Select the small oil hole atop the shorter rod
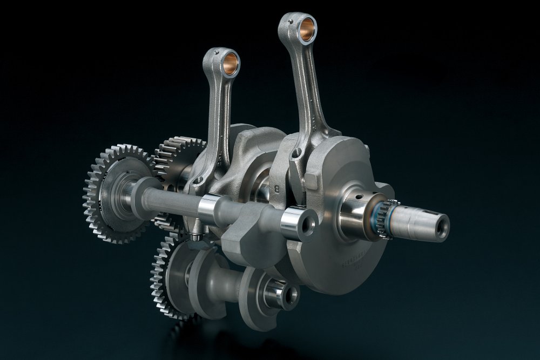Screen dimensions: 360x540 click(214, 51)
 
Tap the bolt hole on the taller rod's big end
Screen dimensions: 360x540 click(295, 155)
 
